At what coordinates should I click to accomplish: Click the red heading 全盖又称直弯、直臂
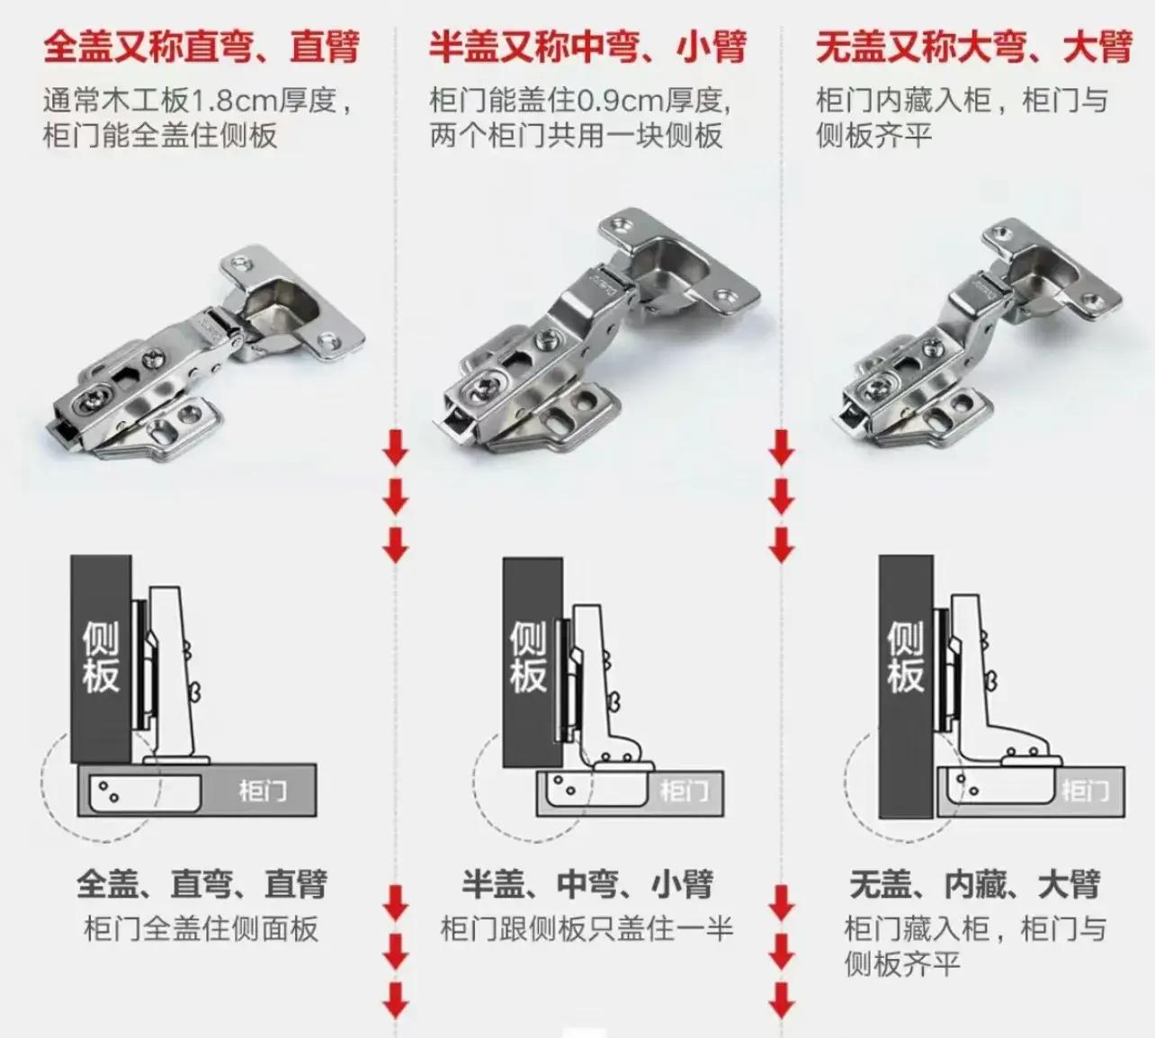(201, 47)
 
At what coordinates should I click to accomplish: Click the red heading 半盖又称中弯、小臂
(587, 47)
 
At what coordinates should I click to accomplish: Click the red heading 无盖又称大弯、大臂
(974, 47)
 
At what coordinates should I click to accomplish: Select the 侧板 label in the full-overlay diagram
(101, 657)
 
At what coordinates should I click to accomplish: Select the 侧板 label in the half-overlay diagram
(528, 657)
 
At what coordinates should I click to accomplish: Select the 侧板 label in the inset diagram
(905, 657)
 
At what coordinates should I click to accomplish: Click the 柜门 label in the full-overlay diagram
(264, 791)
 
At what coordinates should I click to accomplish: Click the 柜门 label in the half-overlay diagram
(685, 791)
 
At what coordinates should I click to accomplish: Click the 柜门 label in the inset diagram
(1086, 791)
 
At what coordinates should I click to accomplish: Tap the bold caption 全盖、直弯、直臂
(201, 883)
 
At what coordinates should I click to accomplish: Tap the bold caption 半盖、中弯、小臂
(587, 883)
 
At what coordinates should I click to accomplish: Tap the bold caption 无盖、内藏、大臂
(974, 883)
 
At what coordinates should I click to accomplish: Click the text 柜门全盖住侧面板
(201, 928)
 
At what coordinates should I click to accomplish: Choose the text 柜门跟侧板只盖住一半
(587, 928)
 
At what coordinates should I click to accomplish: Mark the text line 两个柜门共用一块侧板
(576, 136)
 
